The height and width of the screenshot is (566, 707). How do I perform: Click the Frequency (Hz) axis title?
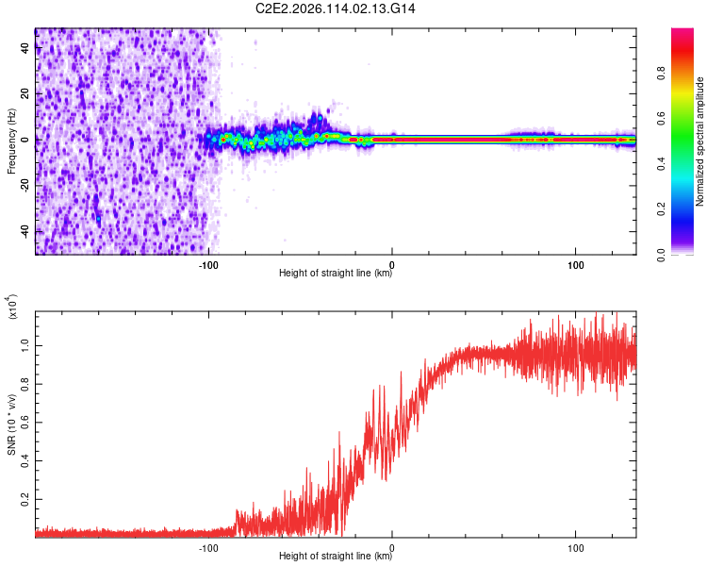click(x=11, y=141)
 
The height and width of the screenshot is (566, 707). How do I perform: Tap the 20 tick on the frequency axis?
click(x=25, y=94)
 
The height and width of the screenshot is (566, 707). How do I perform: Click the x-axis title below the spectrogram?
click(x=336, y=274)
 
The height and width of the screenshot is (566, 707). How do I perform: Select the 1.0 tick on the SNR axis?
click(x=25, y=346)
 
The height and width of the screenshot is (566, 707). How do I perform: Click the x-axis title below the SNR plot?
click(x=336, y=557)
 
